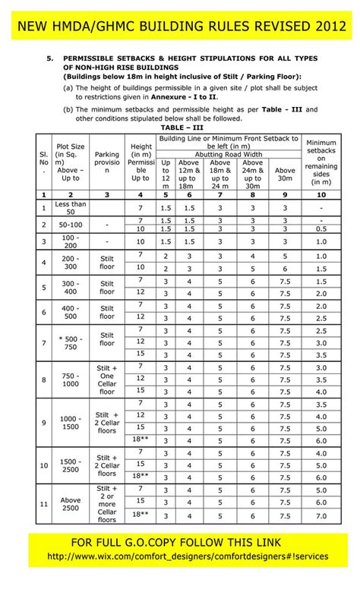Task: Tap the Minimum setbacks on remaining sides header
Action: tap(321, 161)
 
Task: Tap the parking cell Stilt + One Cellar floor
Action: tap(107, 379)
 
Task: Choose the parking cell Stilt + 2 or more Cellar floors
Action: tap(107, 503)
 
